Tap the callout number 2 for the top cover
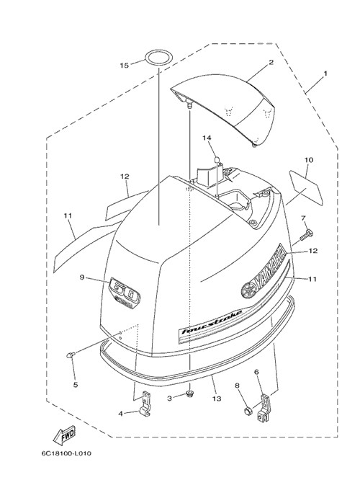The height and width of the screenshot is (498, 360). point(271,62)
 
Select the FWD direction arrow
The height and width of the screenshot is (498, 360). point(65,435)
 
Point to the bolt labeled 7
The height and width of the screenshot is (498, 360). point(307,236)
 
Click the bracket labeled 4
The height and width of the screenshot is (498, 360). point(145,404)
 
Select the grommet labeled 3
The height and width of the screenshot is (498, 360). point(190,394)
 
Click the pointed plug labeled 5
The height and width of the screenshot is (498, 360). point(71,355)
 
